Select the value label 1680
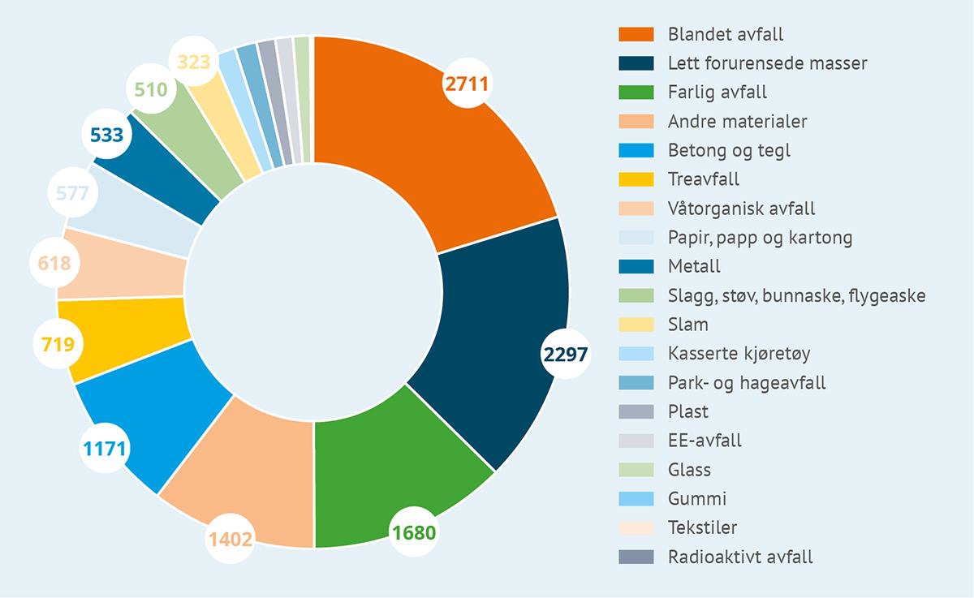point(413,533)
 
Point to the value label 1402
point(230,537)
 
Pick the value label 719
point(58,345)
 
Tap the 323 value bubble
point(193,61)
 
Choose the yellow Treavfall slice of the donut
point(122,337)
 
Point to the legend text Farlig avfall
point(717,92)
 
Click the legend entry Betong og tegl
point(728,151)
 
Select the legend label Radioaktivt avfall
point(739,557)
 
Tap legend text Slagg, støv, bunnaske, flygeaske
point(795,295)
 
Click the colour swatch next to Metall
point(636,266)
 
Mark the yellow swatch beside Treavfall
point(636,179)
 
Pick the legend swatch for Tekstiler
point(636,527)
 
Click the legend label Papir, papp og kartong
point(760,238)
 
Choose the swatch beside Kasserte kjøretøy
point(636,353)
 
